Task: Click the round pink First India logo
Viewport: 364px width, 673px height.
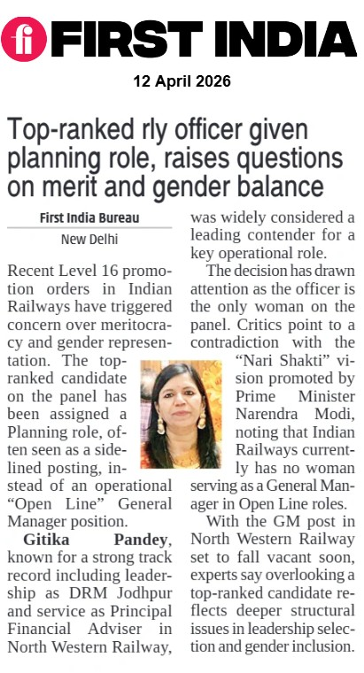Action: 23,40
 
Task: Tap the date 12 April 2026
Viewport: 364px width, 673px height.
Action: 182,81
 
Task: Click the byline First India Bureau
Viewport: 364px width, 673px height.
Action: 89,218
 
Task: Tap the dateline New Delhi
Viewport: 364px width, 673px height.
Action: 89,239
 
